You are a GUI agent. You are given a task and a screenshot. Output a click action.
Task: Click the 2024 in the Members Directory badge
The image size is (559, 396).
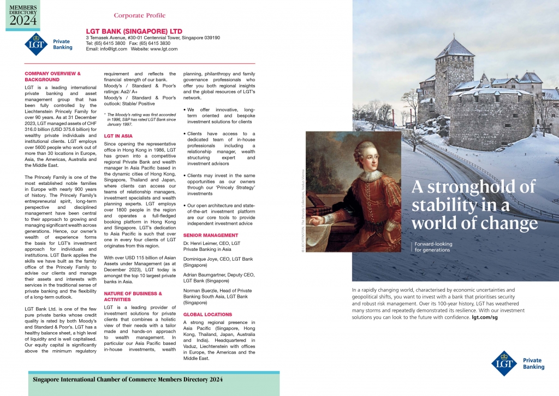pos(23,20)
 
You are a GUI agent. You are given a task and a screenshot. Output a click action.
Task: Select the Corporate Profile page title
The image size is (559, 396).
pos(140,15)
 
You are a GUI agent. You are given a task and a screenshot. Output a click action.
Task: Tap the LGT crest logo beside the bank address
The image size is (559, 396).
pos(37,44)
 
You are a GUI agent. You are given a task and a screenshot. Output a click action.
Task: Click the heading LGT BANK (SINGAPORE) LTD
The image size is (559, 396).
pos(134,31)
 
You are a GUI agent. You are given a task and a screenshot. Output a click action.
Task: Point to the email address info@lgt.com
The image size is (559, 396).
pos(112,49)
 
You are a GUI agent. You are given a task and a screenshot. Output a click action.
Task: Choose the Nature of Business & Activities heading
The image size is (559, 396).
pos(133,296)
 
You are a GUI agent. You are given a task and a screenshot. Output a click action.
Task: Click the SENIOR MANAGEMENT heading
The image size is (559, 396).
pos(211,235)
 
